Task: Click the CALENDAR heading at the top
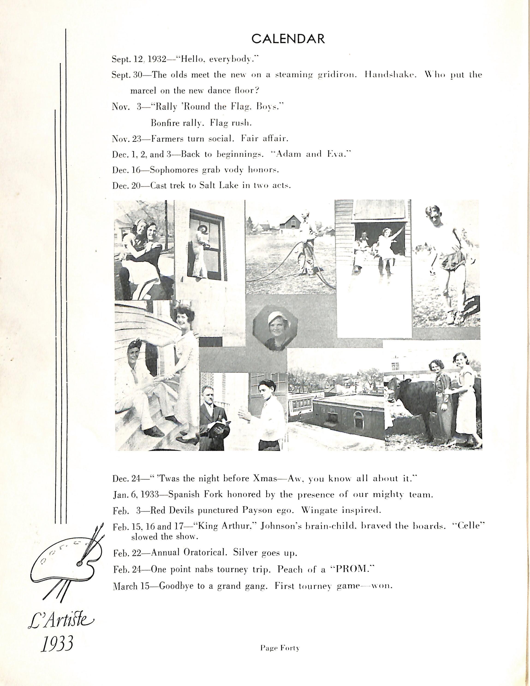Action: [288, 39]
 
